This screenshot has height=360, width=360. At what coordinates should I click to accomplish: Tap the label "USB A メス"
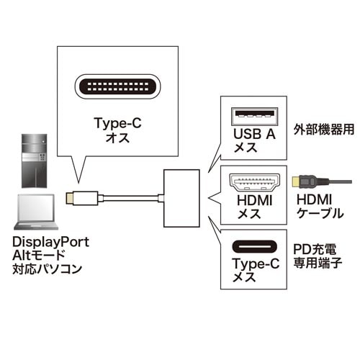tap(253, 140)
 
